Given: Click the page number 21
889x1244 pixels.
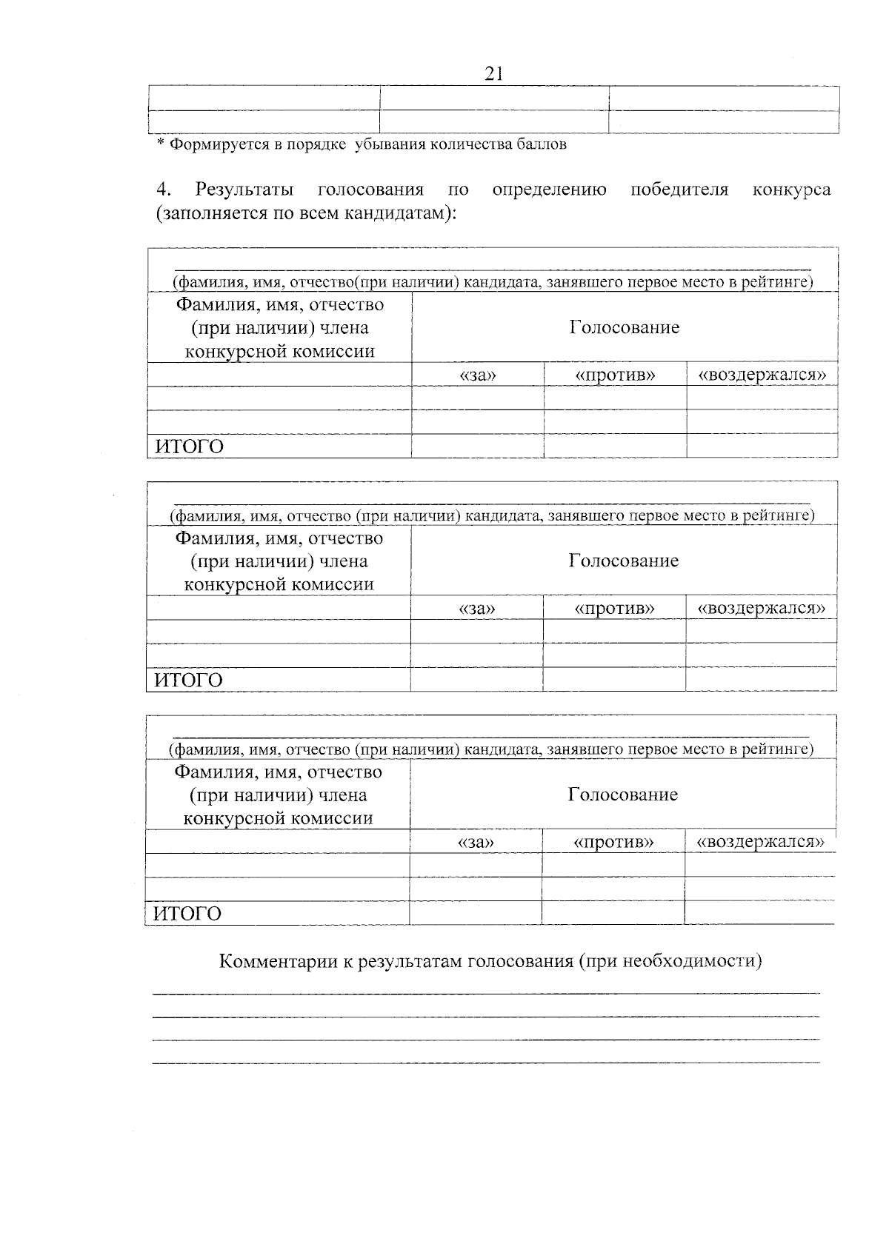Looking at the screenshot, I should click(493, 73).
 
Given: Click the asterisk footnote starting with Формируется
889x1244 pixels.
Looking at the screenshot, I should click(362, 144).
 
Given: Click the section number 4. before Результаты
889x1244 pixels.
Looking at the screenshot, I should click(164, 190).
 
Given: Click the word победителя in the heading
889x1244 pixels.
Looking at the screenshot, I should click(679, 190).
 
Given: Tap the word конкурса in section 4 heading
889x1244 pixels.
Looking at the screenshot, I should click(791, 190).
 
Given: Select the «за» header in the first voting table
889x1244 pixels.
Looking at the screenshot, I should click(478, 375).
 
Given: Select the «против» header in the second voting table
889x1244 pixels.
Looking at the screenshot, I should click(614, 609).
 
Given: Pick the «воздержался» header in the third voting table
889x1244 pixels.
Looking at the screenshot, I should click(759, 842).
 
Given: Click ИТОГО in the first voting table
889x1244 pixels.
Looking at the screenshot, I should click(189, 447).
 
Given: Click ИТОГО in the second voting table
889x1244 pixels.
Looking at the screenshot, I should click(188, 680).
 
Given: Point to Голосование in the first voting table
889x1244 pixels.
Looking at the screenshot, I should click(624, 327).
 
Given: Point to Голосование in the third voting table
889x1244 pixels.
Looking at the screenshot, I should click(622, 795).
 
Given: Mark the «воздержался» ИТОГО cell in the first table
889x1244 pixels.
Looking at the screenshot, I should click(762, 446).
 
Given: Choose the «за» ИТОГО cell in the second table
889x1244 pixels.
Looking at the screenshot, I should click(476, 679).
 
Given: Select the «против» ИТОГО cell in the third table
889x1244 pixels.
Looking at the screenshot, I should click(613, 913).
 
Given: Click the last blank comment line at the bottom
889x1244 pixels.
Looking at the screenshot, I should click(485, 1063).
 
